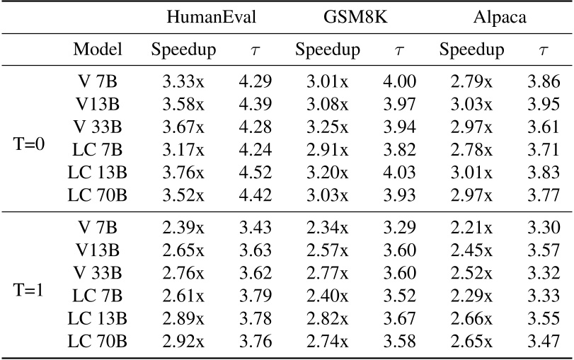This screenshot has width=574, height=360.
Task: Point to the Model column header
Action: point(98,50)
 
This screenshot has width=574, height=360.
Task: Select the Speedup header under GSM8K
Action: point(328,50)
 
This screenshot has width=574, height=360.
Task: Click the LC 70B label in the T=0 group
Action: point(98,195)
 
